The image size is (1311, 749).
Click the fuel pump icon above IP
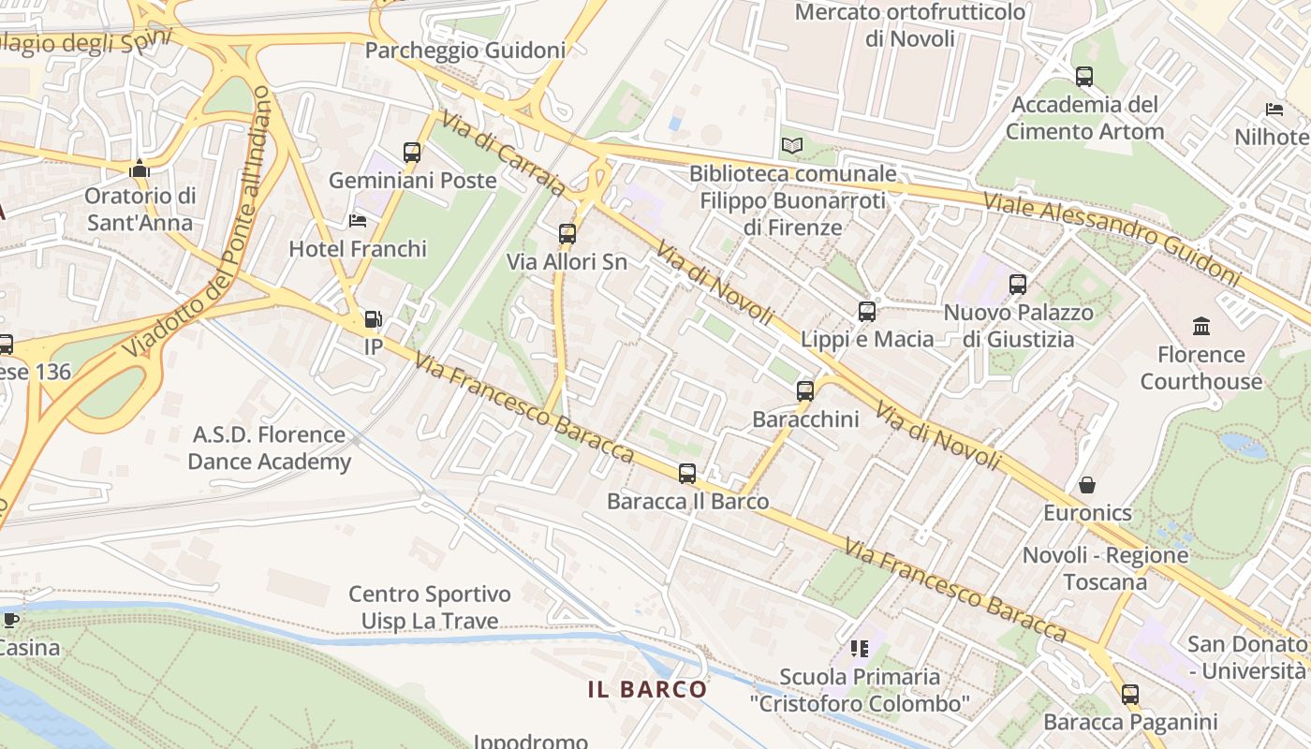pyautogui.click(x=373, y=320)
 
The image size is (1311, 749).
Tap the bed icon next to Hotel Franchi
pyautogui.click(x=358, y=221)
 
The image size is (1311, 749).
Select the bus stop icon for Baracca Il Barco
pyautogui.click(x=687, y=474)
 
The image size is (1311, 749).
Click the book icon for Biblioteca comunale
pyautogui.click(x=792, y=146)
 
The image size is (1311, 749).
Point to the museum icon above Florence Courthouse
pyautogui.click(x=1201, y=327)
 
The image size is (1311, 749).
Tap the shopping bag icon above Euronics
pyautogui.click(x=1087, y=485)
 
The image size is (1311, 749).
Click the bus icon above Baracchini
pyautogui.click(x=805, y=391)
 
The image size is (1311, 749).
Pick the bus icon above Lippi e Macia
pyautogui.click(x=867, y=312)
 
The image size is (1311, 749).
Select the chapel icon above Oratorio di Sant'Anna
pyautogui.click(x=140, y=169)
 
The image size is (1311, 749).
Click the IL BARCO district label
pyautogui.click(x=648, y=690)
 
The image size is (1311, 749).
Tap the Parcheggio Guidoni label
pyautogui.click(x=465, y=51)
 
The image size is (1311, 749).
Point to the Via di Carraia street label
pyautogui.click(x=503, y=154)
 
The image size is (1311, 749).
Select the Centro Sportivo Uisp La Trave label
pyautogui.click(x=430, y=608)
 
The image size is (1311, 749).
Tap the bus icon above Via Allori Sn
pyautogui.click(x=567, y=234)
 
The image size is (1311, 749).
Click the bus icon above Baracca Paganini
pyautogui.click(x=1130, y=695)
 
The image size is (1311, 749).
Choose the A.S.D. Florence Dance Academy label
pyautogui.click(x=270, y=448)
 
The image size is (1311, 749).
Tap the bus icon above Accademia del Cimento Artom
pyautogui.click(x=1084, y=77)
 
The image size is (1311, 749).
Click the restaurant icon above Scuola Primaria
pyautogui.click(x=860, y=648)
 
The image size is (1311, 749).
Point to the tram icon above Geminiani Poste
pyautogui.click(x=412, y=152)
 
